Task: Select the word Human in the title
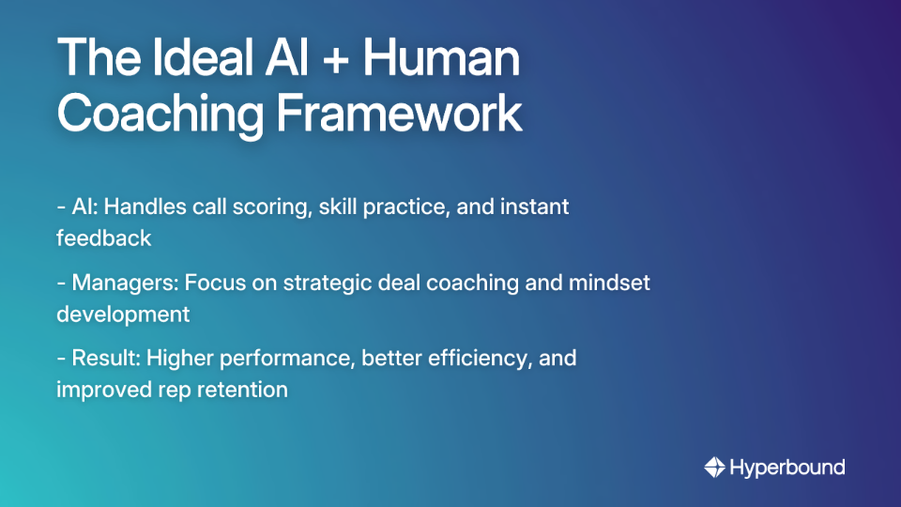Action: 442,61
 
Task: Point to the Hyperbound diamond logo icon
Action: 714,467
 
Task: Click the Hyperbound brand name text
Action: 787,467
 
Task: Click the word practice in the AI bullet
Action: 405,206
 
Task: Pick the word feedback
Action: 103,238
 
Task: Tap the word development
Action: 123,314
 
